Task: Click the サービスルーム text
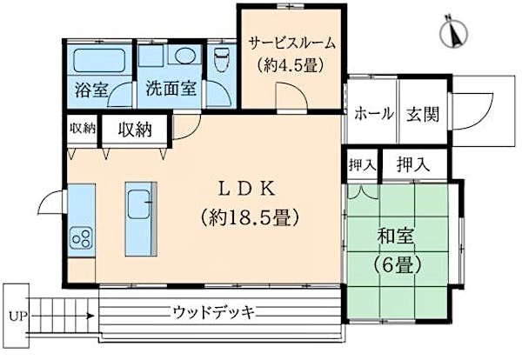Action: point(291,42)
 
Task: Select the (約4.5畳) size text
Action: point(291,63)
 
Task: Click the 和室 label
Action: point(393,234)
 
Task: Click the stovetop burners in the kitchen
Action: point(82,236)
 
